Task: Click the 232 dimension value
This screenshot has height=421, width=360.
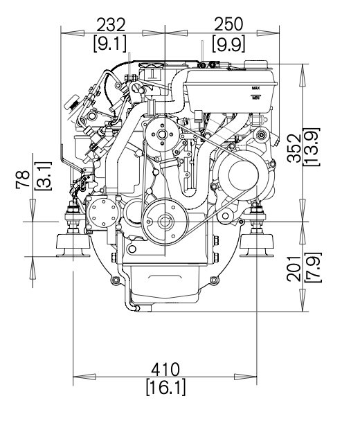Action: coord(111,25)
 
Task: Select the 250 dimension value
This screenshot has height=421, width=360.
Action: coord(228,24)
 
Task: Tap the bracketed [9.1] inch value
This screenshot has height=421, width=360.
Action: coord(110,44)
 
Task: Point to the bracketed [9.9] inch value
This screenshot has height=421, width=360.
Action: coord(228,44)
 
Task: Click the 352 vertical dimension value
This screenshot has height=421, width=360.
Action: coord(294,147)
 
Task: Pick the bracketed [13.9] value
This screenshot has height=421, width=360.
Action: coord(312,147)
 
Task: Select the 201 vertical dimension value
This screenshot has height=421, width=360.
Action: coord(294,269)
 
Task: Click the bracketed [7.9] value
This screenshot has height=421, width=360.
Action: coord(313,267)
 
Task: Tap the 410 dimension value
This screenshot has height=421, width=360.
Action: coord(165,370)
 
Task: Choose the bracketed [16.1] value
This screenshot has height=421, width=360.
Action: coord(165,388)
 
